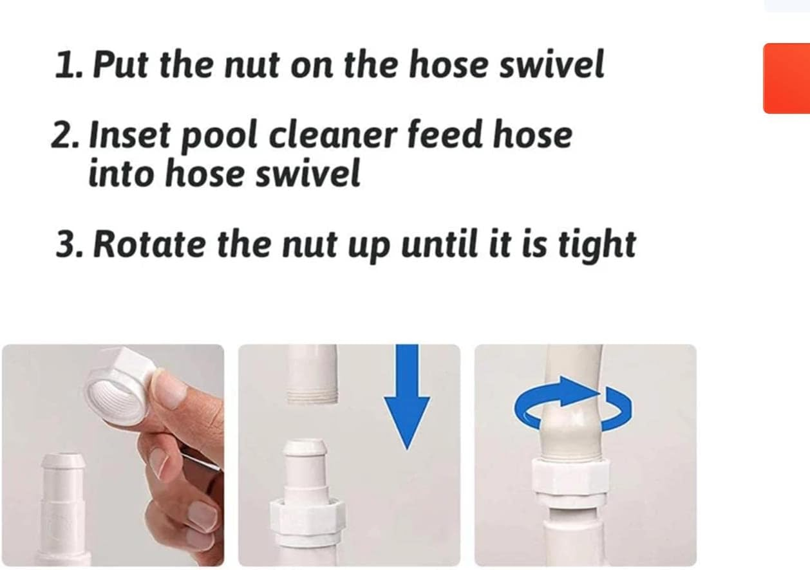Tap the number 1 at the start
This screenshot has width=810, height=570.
coord(64,66)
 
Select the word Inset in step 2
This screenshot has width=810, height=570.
coord(131,136)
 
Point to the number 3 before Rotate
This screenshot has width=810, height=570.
coord(66,244)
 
